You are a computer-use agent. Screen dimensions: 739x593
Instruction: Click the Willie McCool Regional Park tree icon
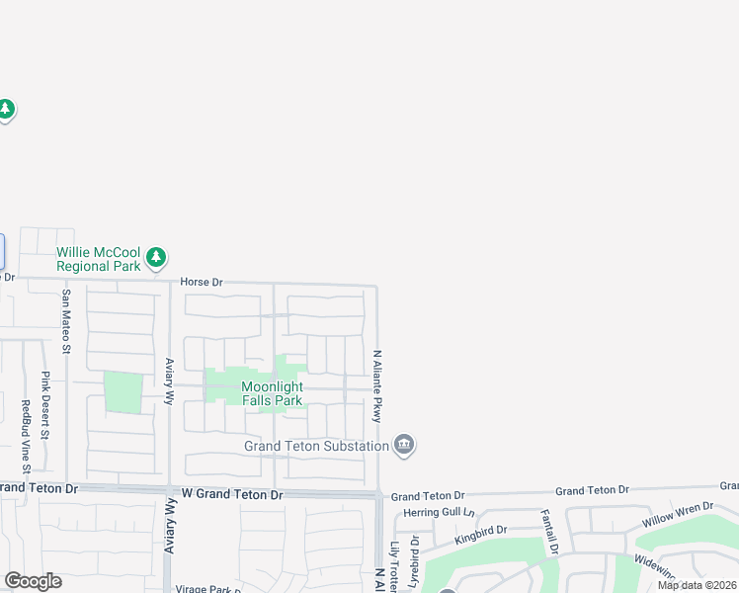pos(155,258)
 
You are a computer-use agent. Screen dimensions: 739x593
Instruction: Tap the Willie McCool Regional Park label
pos(99,259)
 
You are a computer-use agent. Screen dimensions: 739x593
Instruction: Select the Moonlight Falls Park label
pos(274,392)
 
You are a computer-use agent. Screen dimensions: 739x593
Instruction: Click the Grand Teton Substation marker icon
pos(403,446)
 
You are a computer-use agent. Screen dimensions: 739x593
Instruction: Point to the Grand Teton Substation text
pos(317,446)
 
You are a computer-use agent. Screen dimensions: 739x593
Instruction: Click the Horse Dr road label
pos(202,283)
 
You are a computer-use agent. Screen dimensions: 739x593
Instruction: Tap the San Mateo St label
pos(67,319)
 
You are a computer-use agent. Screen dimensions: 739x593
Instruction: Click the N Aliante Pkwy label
pos(376,385)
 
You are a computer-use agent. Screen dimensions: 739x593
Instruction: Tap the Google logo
pos(33,581)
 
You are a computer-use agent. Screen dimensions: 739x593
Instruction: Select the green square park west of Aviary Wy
pos(123,392)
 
